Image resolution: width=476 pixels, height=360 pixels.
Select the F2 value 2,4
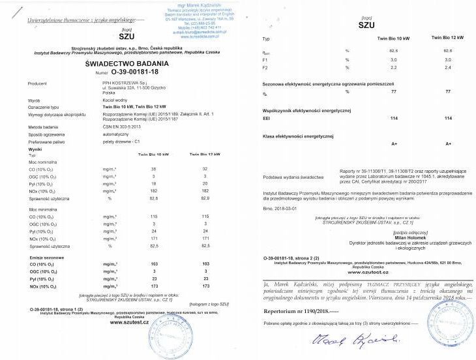pyautogui.click(x=447, y=68)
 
